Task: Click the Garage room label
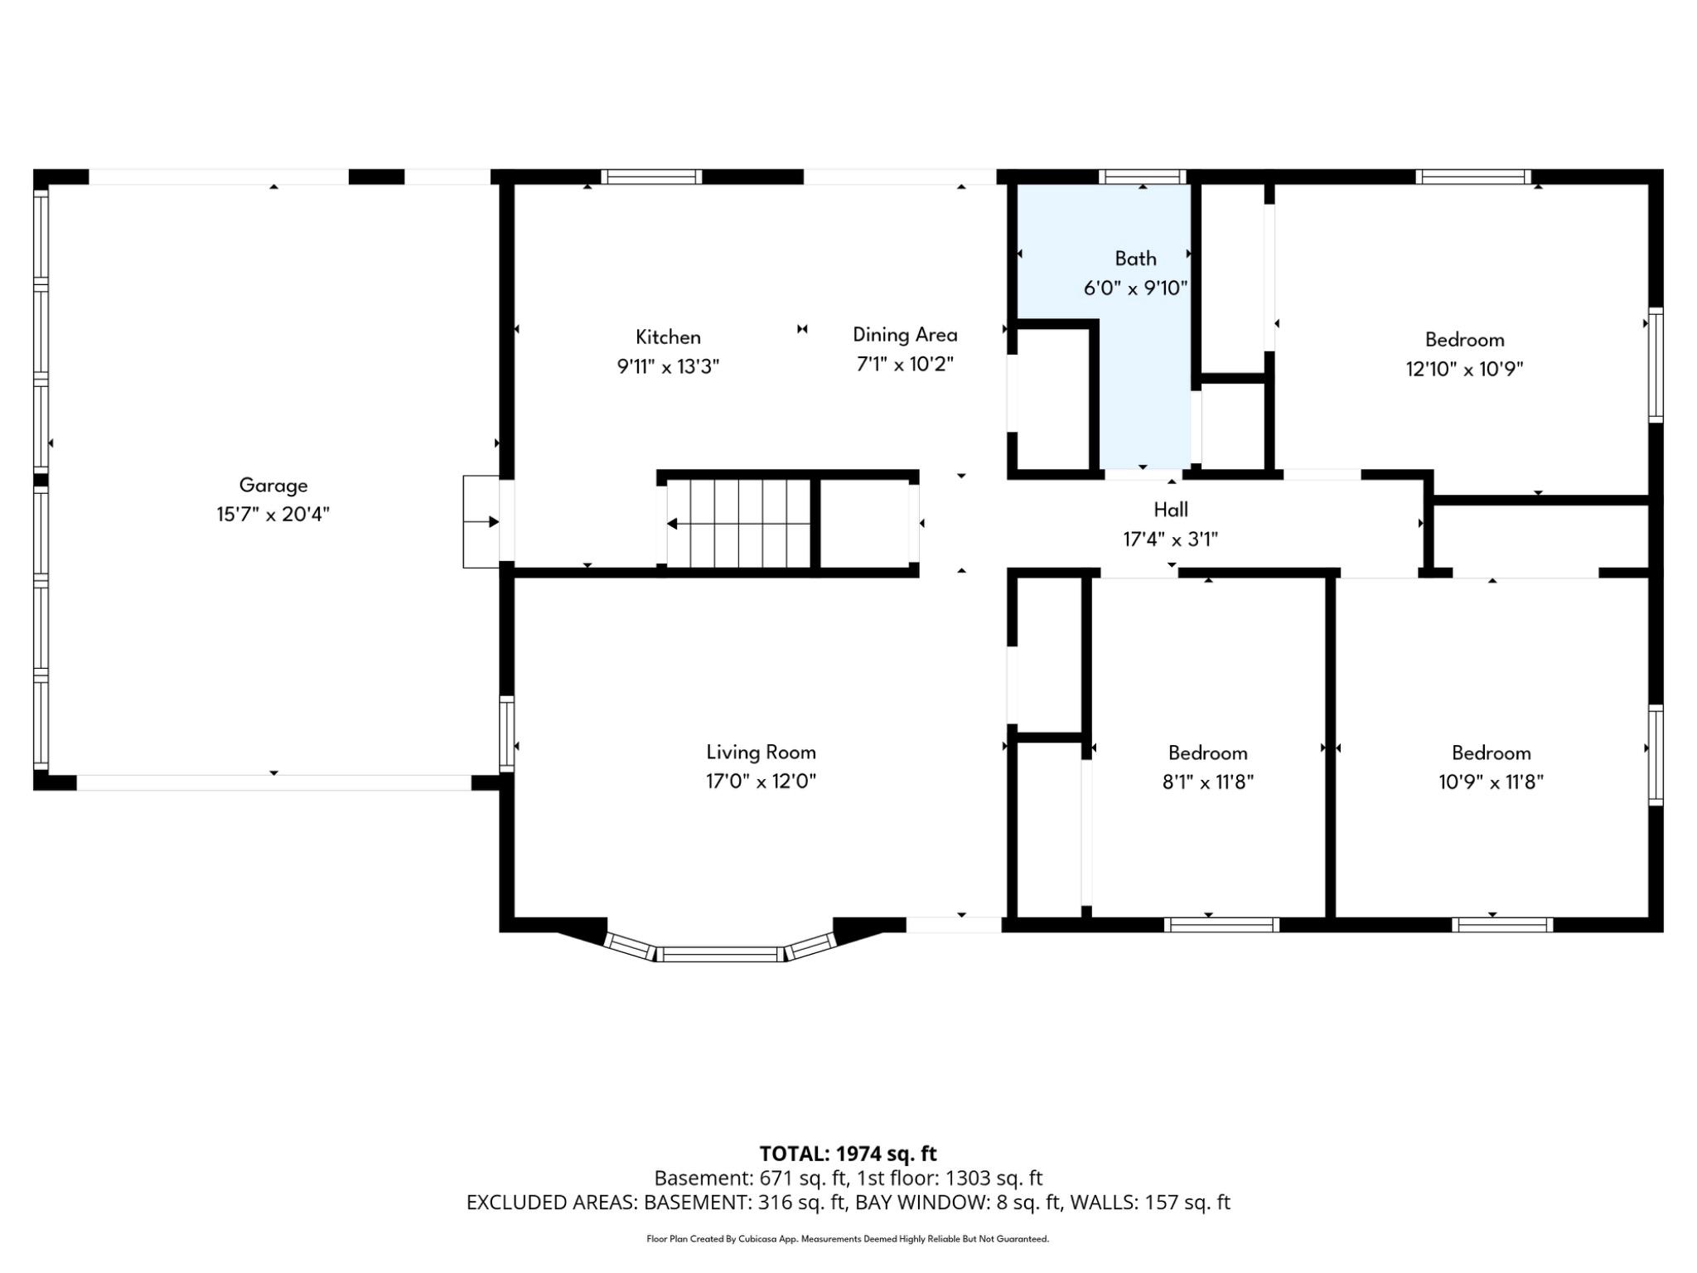pos(273,485)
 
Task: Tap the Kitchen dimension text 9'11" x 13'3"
pos(668,366)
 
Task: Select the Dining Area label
pos(905,335)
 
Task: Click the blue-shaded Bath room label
pos(1135,259)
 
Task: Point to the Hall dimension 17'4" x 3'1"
pos(1170,540)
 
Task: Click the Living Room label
pos(761,752)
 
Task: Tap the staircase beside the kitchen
pos(738,524)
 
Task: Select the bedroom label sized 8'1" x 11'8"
pos(1207,753)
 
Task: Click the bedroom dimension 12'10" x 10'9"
pos(1464,369)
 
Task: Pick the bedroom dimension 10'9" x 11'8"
pos(1491,782)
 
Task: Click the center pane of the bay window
pos(721,954)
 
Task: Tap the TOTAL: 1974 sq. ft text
pos(848,1154)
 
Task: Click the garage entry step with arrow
pos(481,522)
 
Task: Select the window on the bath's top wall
pos(1142,176)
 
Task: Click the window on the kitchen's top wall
pos(651,176)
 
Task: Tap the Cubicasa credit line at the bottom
pos(848,1239)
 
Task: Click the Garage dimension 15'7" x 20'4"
pos(273,515)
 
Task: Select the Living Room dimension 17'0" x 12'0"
pos(761,782)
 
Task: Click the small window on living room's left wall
pos(506,734)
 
